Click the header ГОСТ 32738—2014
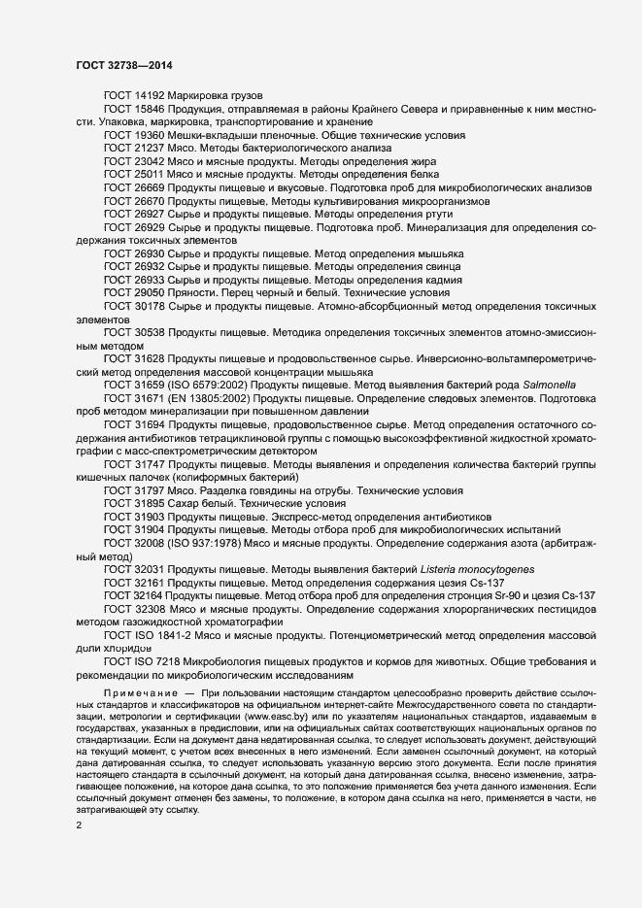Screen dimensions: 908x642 [x=125, y=65]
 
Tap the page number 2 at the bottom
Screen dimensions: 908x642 [x=79, y=798]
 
